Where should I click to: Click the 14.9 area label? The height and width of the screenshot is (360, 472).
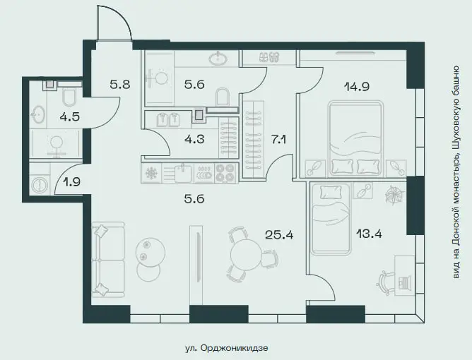[356, 87]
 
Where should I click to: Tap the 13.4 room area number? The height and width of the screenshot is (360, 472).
[369, 233]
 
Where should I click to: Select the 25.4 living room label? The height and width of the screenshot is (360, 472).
[279, 234]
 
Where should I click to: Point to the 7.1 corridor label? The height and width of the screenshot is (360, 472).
[278, 140]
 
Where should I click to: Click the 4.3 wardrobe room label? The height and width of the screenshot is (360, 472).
[194, 139]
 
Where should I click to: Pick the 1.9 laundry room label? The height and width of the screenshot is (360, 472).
[71, 181]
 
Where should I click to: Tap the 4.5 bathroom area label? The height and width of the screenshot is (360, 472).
[69, 116]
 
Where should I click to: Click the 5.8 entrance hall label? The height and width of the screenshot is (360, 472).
[120, 85]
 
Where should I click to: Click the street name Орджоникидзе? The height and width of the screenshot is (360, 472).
[234, 348]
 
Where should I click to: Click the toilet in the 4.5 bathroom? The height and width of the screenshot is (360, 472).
[69, 97]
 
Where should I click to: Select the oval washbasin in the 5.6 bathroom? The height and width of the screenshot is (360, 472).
[218, 59]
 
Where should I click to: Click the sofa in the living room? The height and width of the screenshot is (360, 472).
[108, 260]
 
